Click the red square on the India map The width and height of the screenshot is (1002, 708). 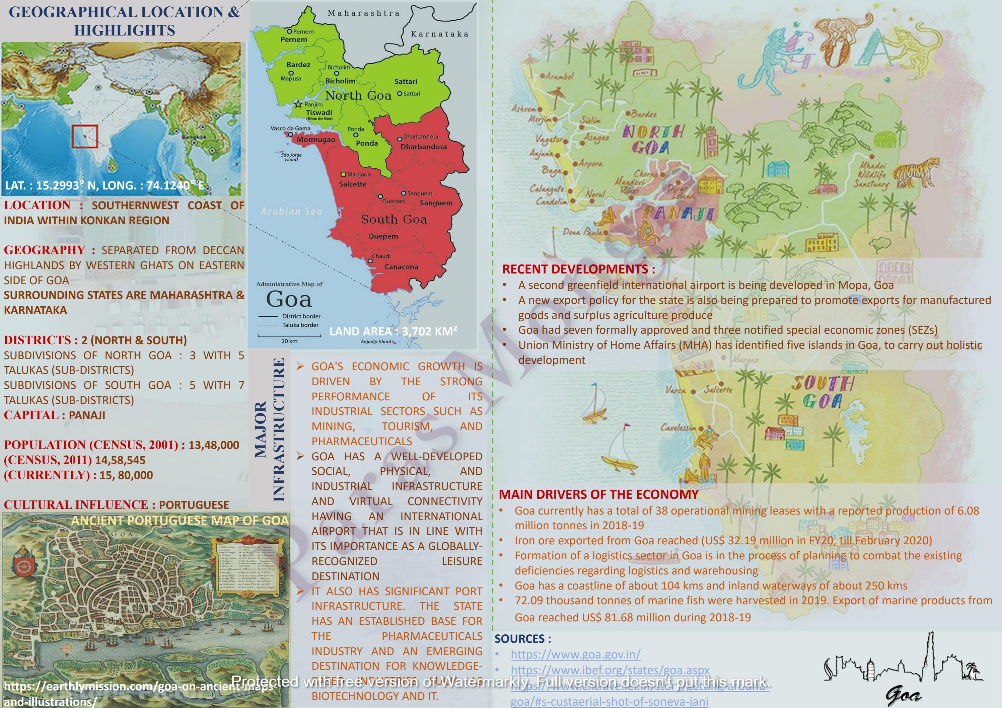click(x=85, y=137)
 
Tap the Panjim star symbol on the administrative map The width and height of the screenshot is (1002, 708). click(x=298, y=104)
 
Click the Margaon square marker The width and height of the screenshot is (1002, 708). click(x=343, y=174)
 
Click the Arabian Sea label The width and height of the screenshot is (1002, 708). click(x=291, y=212)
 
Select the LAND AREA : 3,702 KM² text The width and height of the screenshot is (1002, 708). click(x=393, y=331)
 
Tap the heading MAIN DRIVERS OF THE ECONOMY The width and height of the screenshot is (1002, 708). click(x=598, y=494)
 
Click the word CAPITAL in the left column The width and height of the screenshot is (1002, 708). click(x=30, y=415)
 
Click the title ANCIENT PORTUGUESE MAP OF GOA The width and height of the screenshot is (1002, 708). click(x=180, y=521)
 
